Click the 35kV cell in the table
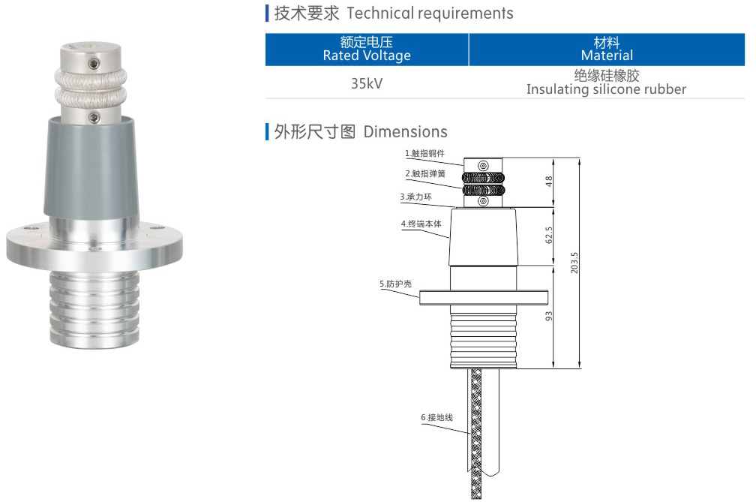click(x=367, y=83)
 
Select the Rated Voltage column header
click(x=367, y=49)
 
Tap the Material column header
click(x=606, y=49)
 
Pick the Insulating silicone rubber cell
click(x=606, y=83)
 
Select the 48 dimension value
click(x=548, y=182)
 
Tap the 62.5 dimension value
click(x=548, y=235)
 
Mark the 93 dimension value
click(x=548, y=316)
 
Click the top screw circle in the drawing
click(x=484, y=165)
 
